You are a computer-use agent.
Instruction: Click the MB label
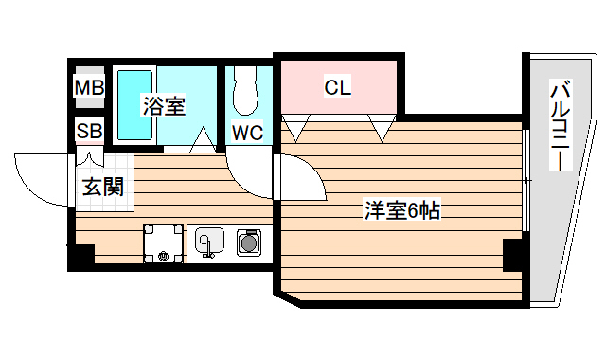[x=90, y=88]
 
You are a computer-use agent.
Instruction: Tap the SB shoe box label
[x=90, y=130]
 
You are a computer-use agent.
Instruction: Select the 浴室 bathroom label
[x=164, y=105]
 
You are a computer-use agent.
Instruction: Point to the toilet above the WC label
[x=247, y=90]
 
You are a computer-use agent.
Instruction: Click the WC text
[x=247, y=132]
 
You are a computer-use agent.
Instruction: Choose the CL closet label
[x=337, y=88]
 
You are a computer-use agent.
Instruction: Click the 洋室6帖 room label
[x=401, y=210]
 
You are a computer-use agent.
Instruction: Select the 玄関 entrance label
[x=101, y=186]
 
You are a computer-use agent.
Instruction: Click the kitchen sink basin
[x=207, y=243]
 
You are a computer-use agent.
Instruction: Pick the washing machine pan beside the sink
[x=164, y=243]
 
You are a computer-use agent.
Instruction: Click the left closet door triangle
[x=295, y=127]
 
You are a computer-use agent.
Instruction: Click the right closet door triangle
[x=382, y=127]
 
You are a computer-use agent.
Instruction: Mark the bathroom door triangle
[x=202, y=141]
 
